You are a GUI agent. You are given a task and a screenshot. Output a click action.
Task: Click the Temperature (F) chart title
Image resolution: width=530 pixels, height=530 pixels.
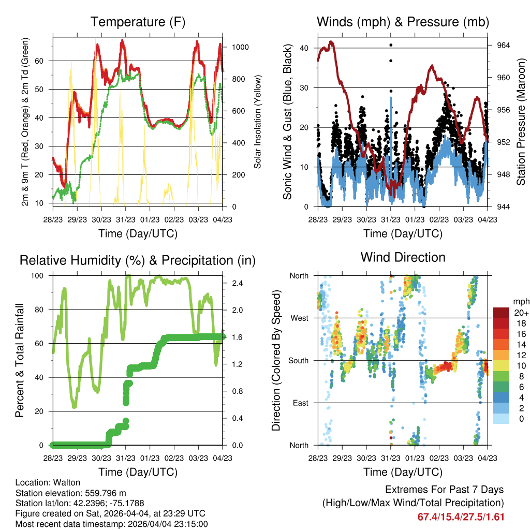point(138,22)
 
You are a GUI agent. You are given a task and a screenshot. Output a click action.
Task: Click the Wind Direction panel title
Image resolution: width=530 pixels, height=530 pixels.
point(403,257)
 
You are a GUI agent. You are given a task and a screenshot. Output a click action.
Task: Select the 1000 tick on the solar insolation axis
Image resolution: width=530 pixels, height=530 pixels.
point(240,47)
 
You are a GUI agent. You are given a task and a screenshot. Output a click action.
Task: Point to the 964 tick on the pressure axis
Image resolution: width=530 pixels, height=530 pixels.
point(503,46)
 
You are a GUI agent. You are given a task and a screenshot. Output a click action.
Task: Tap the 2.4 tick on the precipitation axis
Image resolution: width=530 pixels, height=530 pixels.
point(237,283)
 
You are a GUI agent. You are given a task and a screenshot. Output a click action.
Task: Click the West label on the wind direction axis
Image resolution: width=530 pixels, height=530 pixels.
point(300,318)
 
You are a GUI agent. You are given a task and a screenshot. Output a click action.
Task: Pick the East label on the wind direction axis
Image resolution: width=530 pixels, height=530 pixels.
point(301,403)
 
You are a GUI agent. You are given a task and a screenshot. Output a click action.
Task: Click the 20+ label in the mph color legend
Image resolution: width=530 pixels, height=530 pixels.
point(521,313)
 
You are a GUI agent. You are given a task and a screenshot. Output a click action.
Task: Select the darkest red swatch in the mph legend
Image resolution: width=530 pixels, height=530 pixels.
point(501,313)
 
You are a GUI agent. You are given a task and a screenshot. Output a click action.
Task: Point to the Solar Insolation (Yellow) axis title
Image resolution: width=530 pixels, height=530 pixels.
point(258,122)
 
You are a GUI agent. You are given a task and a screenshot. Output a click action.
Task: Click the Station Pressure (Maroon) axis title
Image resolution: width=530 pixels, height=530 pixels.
point(521,122)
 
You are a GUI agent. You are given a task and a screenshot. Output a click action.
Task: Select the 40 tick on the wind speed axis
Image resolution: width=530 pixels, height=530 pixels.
point(304,48)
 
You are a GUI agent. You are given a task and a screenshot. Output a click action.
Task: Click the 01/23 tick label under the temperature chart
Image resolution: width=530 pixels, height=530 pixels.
point(150,219)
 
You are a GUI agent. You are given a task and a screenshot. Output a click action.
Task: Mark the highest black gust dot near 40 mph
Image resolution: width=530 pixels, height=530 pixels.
point(391,45)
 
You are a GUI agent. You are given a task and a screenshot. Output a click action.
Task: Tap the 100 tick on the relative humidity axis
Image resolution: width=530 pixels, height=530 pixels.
point(37,276)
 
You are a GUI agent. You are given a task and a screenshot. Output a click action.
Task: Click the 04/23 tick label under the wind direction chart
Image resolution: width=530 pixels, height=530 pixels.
point(488,458)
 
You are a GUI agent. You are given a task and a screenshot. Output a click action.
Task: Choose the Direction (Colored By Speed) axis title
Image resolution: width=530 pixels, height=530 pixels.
point(276,360)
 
